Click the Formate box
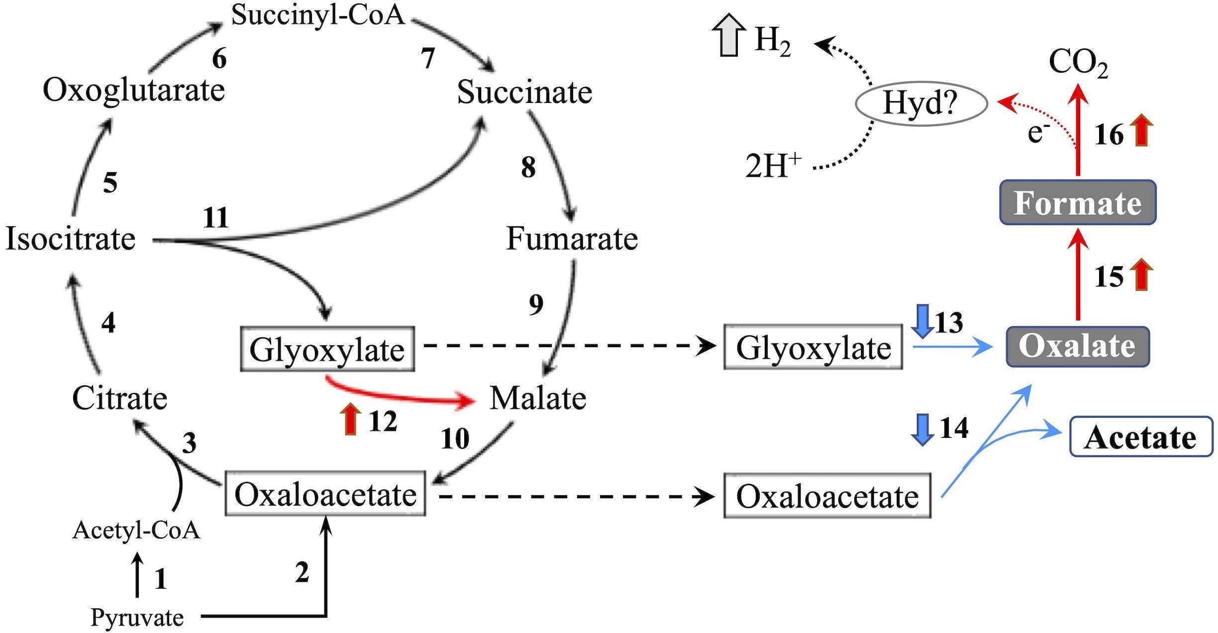pos(1078,203)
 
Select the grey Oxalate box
pos(1078,347)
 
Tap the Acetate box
pos(1141,436)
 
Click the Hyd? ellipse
pos(921,104)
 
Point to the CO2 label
pos(1078,64)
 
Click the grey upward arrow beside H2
pos(729,35)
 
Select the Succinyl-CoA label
pos(318,15)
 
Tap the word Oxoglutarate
pos(134,91)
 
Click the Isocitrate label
pos(70,238)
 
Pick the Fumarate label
pos(572,238)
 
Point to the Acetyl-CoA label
pos(136,530)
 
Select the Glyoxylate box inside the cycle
pos(327,349)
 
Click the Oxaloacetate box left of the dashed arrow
pos(325,494)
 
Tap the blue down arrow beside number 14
pos(922,429)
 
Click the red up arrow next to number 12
pos(351,419)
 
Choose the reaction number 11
pos(215,217)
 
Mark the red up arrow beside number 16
pos(1143,130)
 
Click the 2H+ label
pos(773,166)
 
